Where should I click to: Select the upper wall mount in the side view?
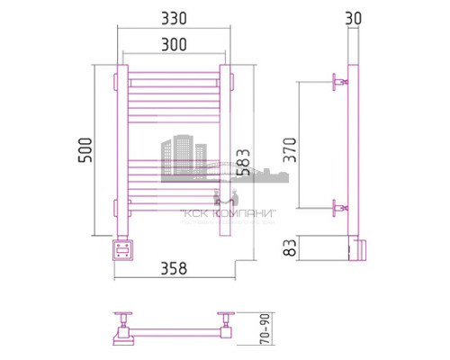point(339,84)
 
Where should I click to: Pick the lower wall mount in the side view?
point(339,209)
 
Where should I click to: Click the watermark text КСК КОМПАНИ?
point(228,213)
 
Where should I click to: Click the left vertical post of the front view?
point(120,148)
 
